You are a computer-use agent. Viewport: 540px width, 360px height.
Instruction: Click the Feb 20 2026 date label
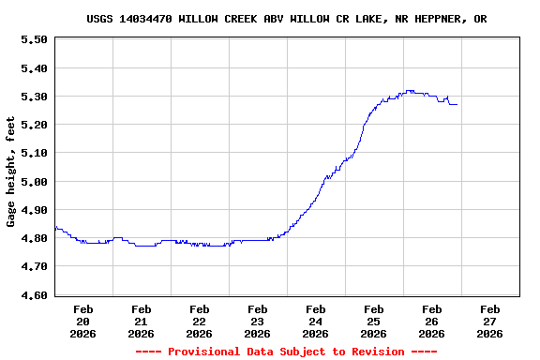(82, 321)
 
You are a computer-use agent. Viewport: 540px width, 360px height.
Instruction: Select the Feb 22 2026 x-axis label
(199, 321)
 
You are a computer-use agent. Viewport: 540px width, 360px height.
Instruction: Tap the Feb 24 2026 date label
(315, 321)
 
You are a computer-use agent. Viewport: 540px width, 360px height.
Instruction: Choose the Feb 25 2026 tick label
(373, 321)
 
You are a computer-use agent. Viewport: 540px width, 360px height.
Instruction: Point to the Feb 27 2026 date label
(489, 321)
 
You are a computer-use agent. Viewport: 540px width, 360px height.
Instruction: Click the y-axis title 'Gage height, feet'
(11, 172)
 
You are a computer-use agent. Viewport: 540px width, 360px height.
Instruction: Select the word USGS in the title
(100, 19)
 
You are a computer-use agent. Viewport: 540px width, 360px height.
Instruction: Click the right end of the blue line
(457, 104)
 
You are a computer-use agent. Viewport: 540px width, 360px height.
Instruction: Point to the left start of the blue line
(55, 227)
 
